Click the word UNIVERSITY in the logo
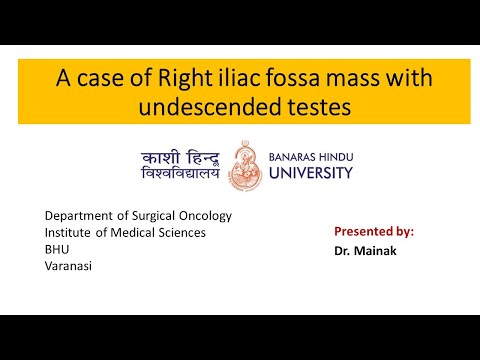click(312, 173)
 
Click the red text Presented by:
click(373, 231)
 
